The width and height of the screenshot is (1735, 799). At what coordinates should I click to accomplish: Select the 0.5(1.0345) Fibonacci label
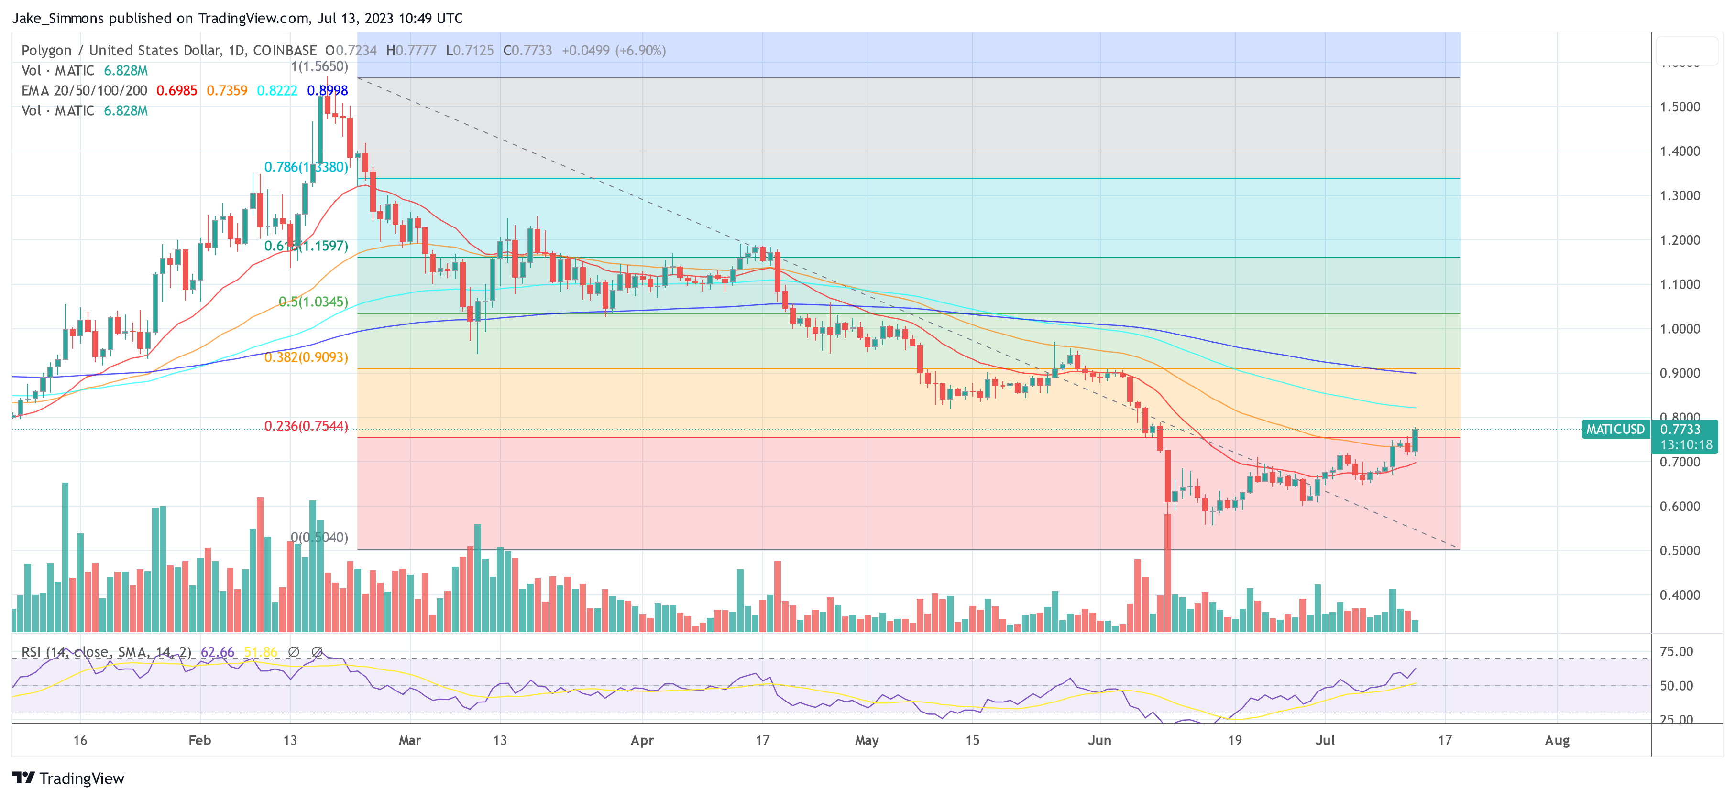[313, 302]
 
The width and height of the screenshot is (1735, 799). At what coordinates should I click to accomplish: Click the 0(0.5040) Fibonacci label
[319, 537]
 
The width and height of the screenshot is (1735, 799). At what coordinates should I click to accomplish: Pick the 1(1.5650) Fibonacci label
[319, 66]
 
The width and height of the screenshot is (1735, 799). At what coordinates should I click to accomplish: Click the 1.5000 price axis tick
[1680, 107]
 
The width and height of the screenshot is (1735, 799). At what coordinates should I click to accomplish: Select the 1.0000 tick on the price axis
[1680, 328]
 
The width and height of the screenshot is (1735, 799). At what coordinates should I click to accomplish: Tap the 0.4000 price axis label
[1680, 595]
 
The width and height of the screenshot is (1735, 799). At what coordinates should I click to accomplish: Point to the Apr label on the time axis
[642, 740]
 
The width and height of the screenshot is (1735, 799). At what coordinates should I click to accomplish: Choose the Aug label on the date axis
[1557, 740]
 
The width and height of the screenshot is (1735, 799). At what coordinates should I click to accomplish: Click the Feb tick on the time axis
[199, 740]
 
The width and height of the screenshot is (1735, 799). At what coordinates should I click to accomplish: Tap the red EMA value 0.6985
[176, 91]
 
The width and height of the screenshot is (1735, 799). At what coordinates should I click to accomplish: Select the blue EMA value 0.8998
[327, 91]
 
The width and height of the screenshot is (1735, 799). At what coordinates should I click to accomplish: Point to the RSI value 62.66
[217, 652]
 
